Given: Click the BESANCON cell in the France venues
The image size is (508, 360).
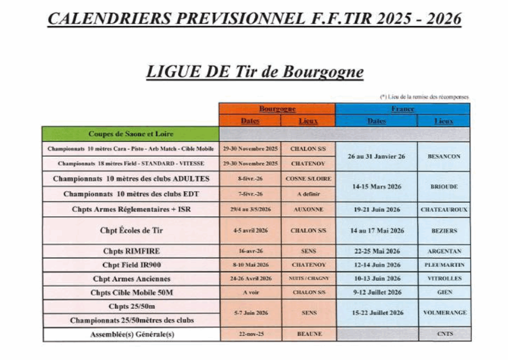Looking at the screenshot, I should pos(444,156).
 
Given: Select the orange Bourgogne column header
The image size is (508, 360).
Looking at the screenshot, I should pos(277,109).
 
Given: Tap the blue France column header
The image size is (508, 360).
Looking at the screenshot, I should pos(402,109).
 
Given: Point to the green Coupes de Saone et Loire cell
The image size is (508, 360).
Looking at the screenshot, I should pos(131,134).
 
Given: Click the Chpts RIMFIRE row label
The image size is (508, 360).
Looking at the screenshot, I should pos(131,251).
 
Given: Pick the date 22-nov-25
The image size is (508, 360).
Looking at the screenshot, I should pos(251,334).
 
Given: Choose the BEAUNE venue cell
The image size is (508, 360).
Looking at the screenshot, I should pos(309,334).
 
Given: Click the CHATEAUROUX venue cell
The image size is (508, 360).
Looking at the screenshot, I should pos(444,210).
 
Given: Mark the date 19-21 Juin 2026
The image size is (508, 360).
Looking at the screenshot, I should pos(377,210).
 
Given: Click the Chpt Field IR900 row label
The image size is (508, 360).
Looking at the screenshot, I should pos(131,265).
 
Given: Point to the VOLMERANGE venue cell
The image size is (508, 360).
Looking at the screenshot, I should pos(444,313).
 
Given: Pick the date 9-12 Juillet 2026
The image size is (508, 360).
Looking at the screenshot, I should pos(377,293).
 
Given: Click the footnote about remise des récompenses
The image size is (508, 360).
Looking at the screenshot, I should pos(424,97).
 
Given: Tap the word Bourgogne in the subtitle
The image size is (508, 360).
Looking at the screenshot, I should pos(323,72).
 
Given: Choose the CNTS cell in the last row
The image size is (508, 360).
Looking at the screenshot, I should pos(444,334).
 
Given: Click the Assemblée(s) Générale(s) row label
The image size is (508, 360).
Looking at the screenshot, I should pos(131,335).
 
